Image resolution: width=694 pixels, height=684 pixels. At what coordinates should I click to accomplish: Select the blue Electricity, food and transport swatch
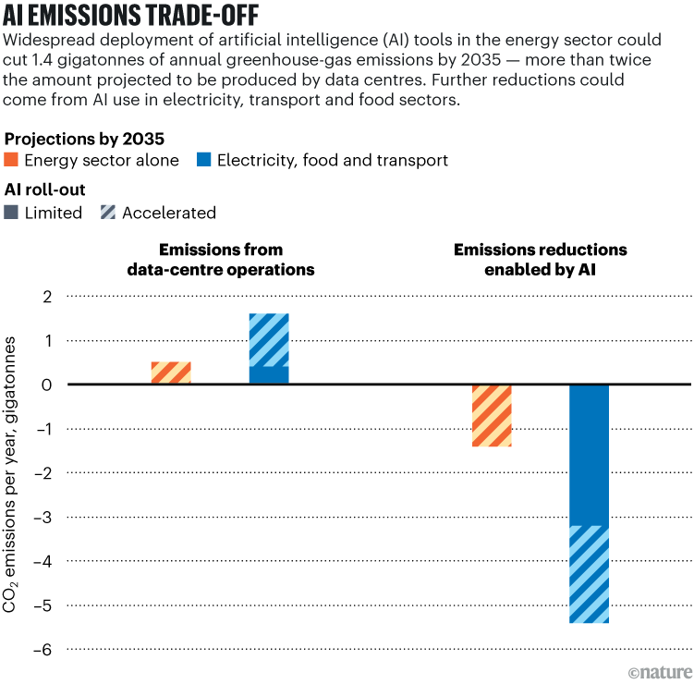pyautogui.click(x=203, y=161)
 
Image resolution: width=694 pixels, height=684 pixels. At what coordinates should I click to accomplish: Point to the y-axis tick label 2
pyautogui.click(x=47, y=297)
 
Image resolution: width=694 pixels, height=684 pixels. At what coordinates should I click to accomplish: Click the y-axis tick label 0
pyautogui.click(x=47, y=385)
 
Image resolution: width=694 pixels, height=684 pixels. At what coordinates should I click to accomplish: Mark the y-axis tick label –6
pyautogui.click(x=43, y=650)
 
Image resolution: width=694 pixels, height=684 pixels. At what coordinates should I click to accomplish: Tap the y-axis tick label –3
pyautogui.click(x=43, y=517)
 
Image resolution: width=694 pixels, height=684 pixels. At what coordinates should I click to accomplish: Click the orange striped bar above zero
pyautogui.click(x=171, y=373)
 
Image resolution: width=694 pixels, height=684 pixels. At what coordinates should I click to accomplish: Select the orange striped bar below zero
pyautogui.click(x=492, y=415)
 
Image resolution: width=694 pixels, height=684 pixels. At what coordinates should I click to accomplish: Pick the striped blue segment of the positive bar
pyautogui.click(x=269, y=340)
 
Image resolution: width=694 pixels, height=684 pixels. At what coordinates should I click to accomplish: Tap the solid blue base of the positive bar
pyautogui.click(x=269, y=375)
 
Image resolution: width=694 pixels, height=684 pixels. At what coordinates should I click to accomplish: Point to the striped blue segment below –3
pyautogui.click(x=589, y=574)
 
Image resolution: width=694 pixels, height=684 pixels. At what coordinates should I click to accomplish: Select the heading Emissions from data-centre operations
pyautogui.click(x=221, y=260)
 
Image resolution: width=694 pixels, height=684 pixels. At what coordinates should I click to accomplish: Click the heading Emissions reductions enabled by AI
pyautogui.click(x=540, y=260)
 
